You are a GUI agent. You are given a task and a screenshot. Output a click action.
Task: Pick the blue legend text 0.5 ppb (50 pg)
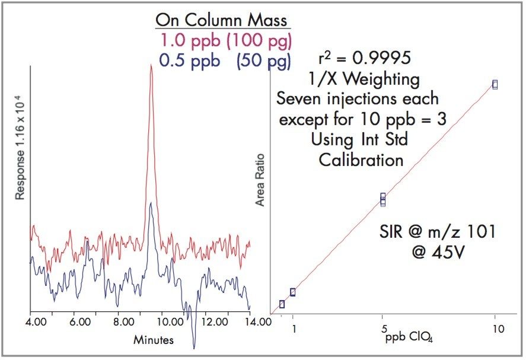point(225,61)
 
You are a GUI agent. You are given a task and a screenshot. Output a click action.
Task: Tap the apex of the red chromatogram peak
point(151,65)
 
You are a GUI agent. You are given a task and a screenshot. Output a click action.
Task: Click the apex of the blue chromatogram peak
point(151,203)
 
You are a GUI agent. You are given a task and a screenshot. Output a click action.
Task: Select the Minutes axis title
point(153,340)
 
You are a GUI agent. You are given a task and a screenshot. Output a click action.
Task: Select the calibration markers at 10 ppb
point(495,85)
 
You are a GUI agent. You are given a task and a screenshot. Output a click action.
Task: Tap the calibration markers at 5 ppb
point(383,199)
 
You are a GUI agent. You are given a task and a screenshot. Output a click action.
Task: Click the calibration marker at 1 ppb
point(293,292)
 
